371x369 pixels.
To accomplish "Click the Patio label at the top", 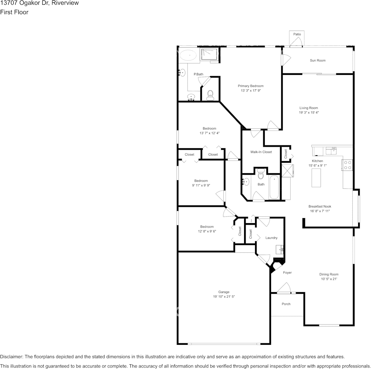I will click(297, 34).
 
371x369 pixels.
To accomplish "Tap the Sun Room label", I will click(317, 60).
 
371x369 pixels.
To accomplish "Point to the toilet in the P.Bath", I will click(210, 94).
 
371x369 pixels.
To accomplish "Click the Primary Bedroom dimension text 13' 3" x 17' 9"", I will click(251, 90).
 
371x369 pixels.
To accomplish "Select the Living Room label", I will click(309, 108).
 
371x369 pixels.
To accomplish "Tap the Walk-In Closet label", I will click(261, 152).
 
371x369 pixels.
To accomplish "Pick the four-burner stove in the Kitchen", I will click(347, 165).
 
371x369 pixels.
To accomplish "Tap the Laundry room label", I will click(271, 238).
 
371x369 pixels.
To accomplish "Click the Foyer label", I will click(287, 273).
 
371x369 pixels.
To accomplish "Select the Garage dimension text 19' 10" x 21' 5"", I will click(224, 296).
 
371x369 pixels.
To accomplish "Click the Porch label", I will click(286, 304).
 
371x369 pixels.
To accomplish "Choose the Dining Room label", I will click(329, 274).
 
